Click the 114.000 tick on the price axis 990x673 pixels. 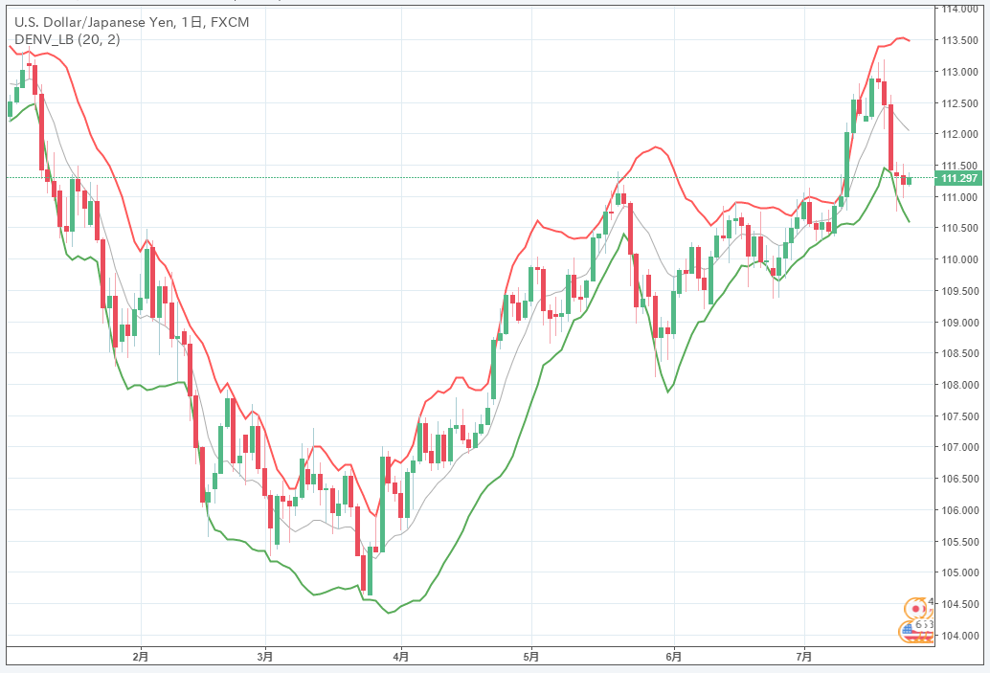pos(960,9)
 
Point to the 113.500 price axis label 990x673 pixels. pos(960,40)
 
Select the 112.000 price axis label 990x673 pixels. pos(960,134)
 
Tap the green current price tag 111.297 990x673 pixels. pos(959,178)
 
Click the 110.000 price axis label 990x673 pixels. pos(960,259)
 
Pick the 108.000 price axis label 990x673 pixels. pos(960,385)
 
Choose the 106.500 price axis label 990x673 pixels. pos(960,479)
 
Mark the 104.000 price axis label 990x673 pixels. pos(960,636)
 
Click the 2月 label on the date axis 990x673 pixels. pos(141,657)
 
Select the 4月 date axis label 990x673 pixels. pos(401,657)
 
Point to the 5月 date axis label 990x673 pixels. pos(531,657)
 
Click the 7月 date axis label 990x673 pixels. pos(804,657)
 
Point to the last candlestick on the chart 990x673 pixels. pos(909,180)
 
